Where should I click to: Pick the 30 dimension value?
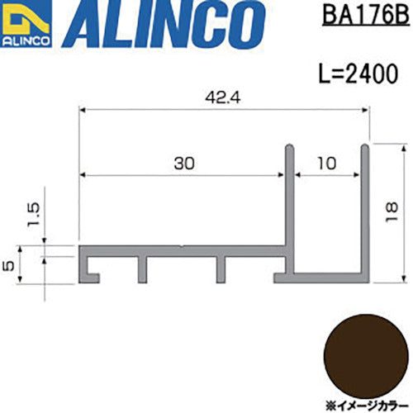(184, 164)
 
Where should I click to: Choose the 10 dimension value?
(326, 164)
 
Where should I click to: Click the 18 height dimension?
(392, 212)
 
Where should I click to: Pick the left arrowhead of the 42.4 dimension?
(83, 109)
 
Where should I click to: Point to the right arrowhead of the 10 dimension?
(358, 174)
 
